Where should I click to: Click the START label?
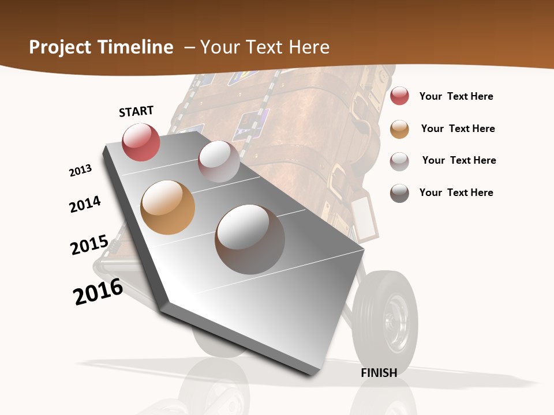tap(136, 111)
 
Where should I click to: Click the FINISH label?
tap(379, 373)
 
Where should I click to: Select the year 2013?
tap(80, 171)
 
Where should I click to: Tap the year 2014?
tap(85, 205)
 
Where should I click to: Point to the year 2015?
tap(89, 245)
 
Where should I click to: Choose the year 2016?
tap(98, 292)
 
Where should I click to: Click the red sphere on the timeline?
tap(141, 142)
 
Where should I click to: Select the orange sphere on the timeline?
tap(168, 207)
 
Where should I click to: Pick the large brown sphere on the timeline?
tap(250, 239)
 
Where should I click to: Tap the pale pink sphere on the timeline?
tap(219, 161)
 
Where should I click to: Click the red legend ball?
tap(399, 96)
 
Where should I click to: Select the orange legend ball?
tap(399, 129)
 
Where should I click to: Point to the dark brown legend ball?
tap(399, 193)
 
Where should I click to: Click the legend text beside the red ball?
tap(456, 96)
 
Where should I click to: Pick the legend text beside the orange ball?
tap(458, 129)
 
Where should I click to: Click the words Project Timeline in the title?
tap(101, 47)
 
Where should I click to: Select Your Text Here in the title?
tap(264, 47)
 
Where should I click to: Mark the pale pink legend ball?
tap(399, 161)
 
